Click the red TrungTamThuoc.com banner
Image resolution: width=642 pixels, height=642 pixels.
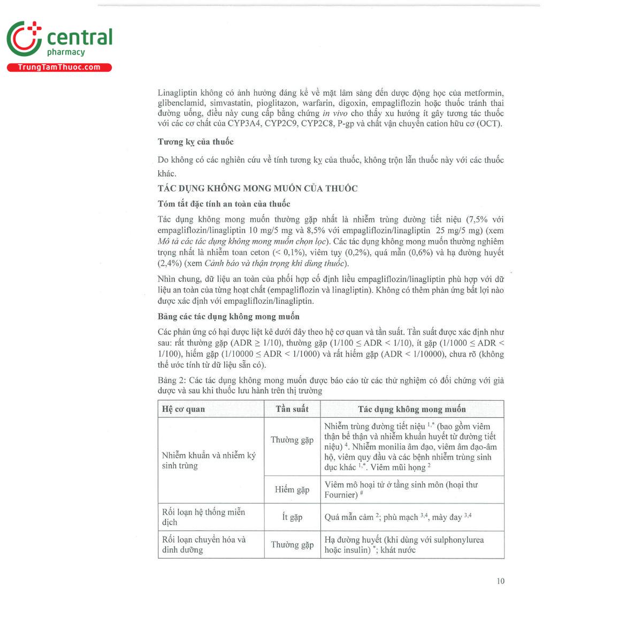click(x=59, y=67)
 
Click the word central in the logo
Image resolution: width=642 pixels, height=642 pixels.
click(x=80, y=37)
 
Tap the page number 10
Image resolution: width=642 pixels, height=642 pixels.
click(x=500, y=581)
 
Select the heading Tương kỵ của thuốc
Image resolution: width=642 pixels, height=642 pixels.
click(x=195, y=142)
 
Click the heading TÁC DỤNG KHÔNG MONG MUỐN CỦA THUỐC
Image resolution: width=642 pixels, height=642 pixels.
click(x=257, y=188)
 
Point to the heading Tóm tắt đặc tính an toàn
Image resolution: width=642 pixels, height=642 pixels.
click(x=224, y=204)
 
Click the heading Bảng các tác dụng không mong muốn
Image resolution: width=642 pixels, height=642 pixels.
click(x=228, y=317)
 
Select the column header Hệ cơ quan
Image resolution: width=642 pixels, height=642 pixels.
click(x=184, y=409)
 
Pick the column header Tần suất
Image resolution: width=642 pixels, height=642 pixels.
click(x=292, y=409)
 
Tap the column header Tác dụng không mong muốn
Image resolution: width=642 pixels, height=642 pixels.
click(x=411, y=409)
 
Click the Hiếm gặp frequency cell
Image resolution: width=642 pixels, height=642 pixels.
click(x=292, y=490)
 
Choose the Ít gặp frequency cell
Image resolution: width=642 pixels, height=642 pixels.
click(x=292, y=517)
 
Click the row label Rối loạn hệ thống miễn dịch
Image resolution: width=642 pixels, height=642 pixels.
click(x=203, y=517)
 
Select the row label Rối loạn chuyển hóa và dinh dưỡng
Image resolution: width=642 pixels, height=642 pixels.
click(x=204, y=545)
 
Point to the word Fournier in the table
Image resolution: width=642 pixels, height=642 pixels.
click(x=341, y=495)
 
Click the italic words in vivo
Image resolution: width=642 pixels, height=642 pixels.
click(x=335, y=113)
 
